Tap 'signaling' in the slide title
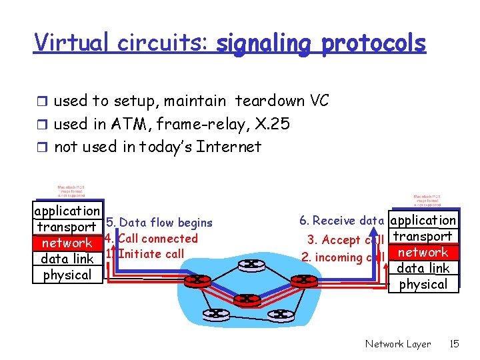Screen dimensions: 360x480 pyautogui.click(x=265, y=44)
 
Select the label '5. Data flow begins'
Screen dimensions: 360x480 pyautogui.click(x=159, y=223)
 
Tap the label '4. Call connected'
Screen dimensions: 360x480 pyautogui.click(x=152, y=238)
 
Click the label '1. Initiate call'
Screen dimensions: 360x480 pyautogui.click(x=145, y=253)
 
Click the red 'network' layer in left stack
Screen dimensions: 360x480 pyautogui.click(x=67, y=243)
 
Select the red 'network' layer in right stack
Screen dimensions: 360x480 pyautogui.click(x=423, y=253)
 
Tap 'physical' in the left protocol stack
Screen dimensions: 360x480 pyautogui.click(x=67, y=275)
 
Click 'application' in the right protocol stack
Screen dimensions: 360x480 pyautogui.click(x=423, y=220)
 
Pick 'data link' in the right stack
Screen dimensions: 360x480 pyautogui.click(x=423, y=268)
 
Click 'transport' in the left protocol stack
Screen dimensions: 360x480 pyautogui.click(x=67, y=227)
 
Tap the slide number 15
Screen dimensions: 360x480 pyautogui.click(x=455, y=344)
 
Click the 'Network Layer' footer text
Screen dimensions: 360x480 pyautogui.click(x=398, y=344)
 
